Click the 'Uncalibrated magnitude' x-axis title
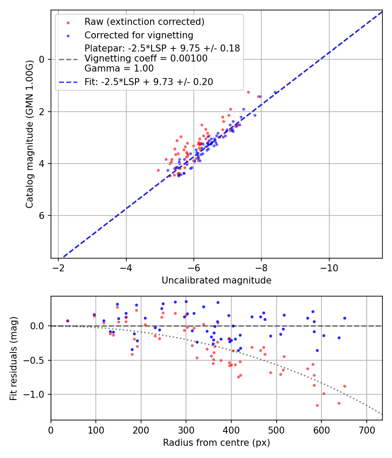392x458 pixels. pyautogui.click(x=216, y=280)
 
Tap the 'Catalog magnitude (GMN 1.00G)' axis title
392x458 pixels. pyautogui.click(x=30, y=134)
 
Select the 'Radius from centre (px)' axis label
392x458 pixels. pyautogui.click(x=216, y=443)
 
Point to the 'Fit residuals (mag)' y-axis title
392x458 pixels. pyautogui.click(x=14, y=358)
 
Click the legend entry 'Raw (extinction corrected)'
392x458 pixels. pyautogui.click(x=144, y=22)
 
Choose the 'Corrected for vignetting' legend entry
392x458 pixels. pyautogui.click(x=139, y=35)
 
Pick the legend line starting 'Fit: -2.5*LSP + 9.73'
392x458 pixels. pyautogui.click(x=149, y=82)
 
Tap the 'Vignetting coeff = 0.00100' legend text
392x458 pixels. pyautogui.click(x=146, y=58)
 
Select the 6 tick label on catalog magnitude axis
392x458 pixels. pyautogui.click(x=41, y=216)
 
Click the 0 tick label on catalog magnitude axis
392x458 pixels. pyautogui.click(x=41, y=59)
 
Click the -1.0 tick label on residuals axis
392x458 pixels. pyautogui.click(x=36, y=395)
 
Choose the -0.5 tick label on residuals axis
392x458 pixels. pyautogui.click(x=36, y=360)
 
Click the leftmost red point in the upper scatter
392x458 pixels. pyautogui.click(x=158, y=170)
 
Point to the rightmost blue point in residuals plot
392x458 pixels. pyautogui.click(x=345, y=318)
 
